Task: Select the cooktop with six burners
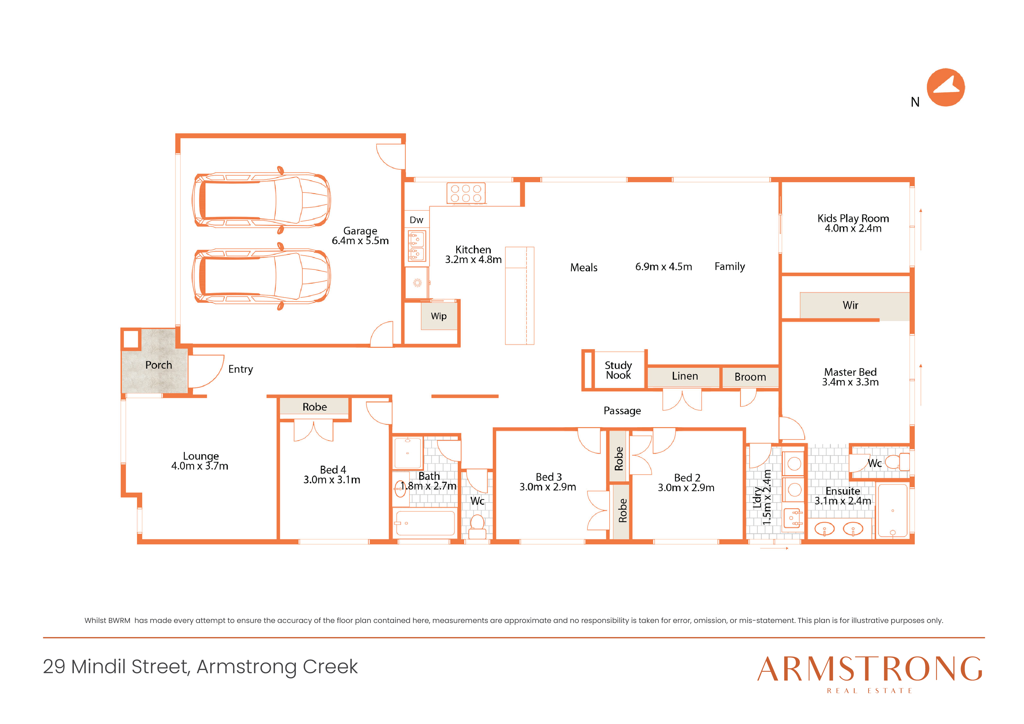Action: tap(466, 194)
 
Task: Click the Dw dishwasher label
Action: tap(416, 220)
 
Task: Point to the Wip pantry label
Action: tap(439, 316)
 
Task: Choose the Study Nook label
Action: tap(618, 370)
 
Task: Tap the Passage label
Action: tap(622, 411)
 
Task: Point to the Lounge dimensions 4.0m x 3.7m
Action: tap(200, 466)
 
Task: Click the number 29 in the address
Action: tap(54, 667)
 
